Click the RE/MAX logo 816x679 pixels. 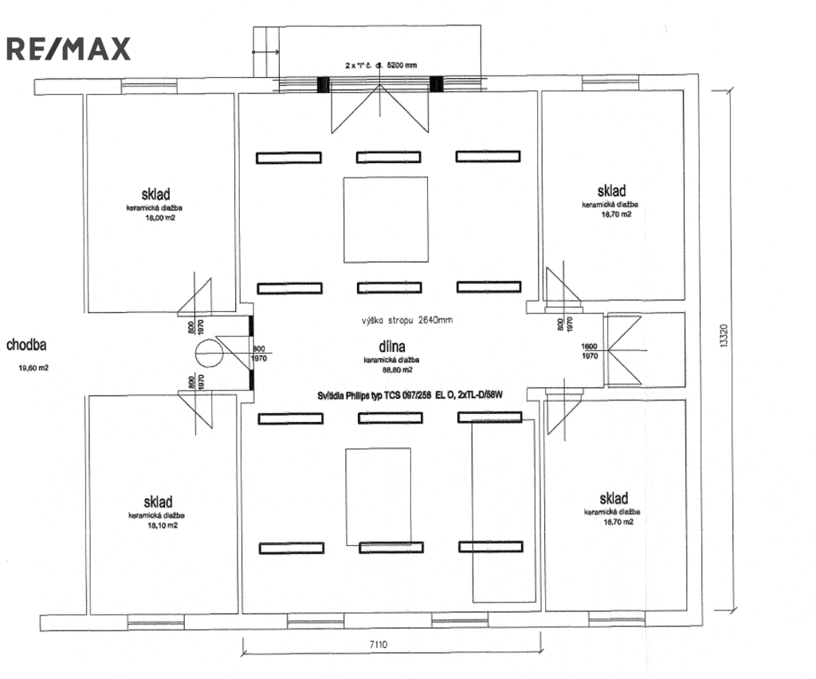click(x=68, y=49)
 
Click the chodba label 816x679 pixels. click(x=27, y=345)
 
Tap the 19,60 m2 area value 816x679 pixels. click(x=33, y=368)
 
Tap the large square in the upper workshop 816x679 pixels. click(x=385, y=214)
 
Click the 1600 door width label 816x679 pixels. click(x=590, y=346)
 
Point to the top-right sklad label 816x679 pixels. click(x=611, y=191)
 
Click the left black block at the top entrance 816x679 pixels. click(x=324, y=84)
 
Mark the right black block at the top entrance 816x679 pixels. click(x=436, y=84)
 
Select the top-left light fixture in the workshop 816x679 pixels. click(x=288, y=157)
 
